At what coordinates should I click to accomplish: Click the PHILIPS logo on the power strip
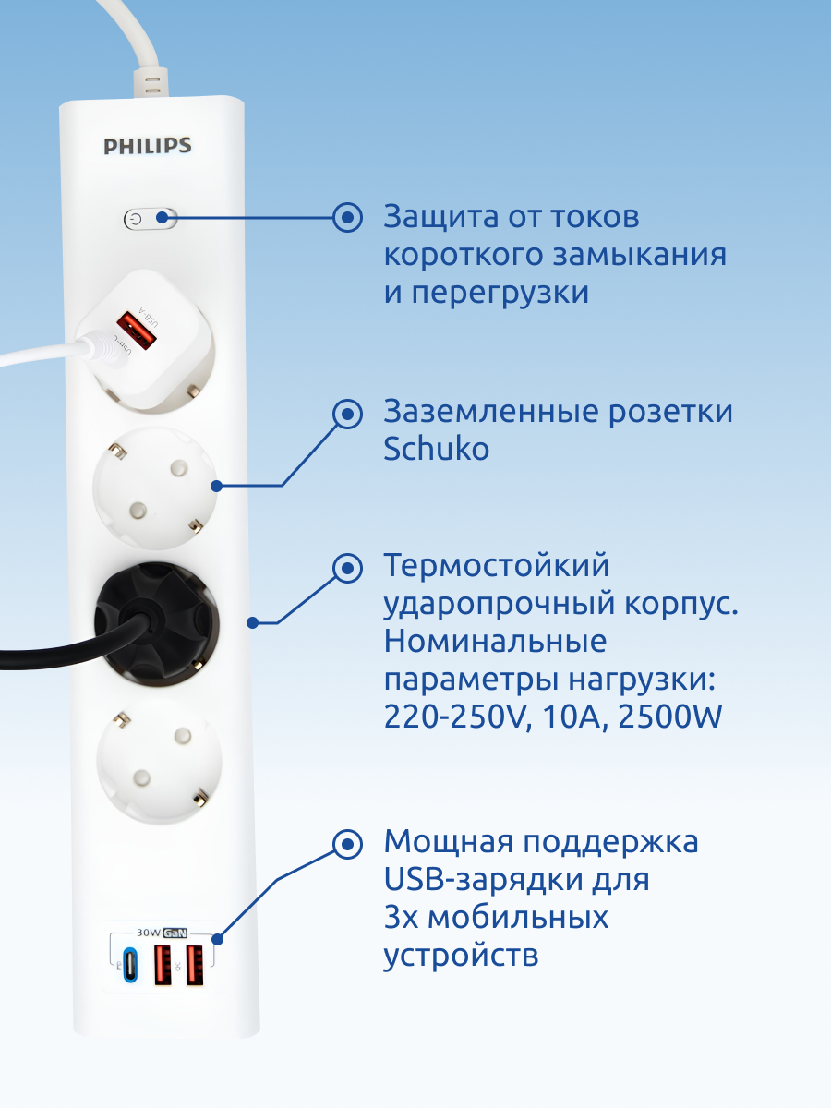(148, 145)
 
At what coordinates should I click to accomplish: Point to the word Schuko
(436, 450)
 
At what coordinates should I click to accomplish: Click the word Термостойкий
(497, 565)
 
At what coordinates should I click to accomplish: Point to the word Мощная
(447, 842)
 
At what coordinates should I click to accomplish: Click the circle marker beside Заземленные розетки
(347, 413)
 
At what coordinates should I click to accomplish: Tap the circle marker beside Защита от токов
(347, 218)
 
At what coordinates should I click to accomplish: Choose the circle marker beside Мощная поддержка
(347, 842)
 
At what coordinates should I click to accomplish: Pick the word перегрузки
(500, 294)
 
